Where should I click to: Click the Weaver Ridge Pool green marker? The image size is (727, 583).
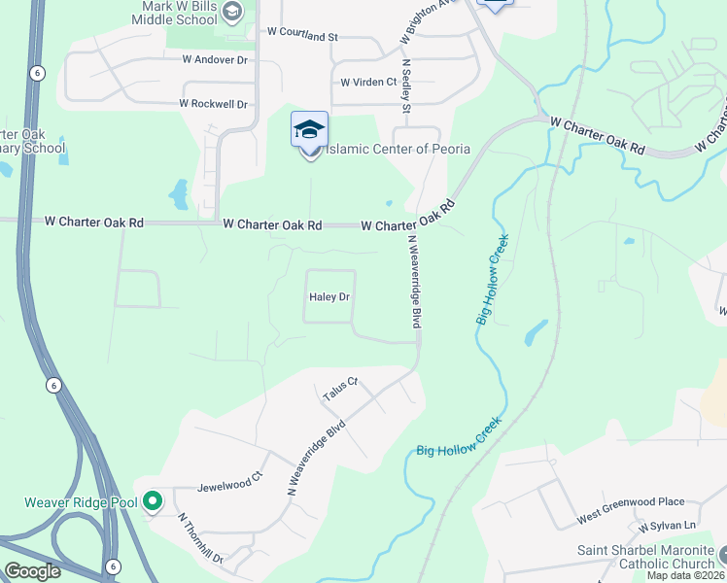coord(152,502)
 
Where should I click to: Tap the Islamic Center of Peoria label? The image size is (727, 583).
coord(397,149)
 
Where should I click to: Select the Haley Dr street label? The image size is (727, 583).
coord(329,297)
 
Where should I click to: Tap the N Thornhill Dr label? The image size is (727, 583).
coord(201,538)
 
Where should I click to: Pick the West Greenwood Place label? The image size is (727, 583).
coord(631,502)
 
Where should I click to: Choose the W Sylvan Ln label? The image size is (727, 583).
coord(668,526)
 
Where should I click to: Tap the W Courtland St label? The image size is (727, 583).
coord(301,32)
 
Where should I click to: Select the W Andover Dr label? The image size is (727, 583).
coord(215,59)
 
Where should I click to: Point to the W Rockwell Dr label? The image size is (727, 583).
coord(214,104)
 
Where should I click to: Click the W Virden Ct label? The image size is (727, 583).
coord(368,83)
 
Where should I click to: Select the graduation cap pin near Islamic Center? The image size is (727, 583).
coord(310,129)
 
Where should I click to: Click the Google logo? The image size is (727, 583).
coord(32,571)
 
